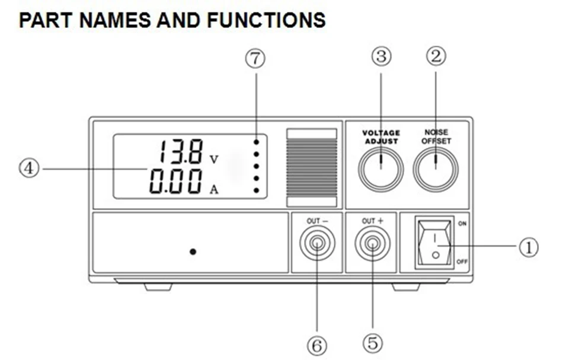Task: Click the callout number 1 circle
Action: [x=529, y=246]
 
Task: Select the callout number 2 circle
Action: [x=436, y=56]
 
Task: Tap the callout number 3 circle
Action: [x=381, y=56]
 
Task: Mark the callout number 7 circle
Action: [x=255, y=60]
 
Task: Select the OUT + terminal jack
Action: [x=372, y=244]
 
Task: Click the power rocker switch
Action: [x=435, y=243]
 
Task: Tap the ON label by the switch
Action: [x=462, y=224]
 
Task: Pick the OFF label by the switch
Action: [x=462, y=262]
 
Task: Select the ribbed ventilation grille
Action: [x=311, y=168]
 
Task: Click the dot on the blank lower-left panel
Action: [x=193, y=251]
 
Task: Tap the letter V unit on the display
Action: [x=214, y=159]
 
